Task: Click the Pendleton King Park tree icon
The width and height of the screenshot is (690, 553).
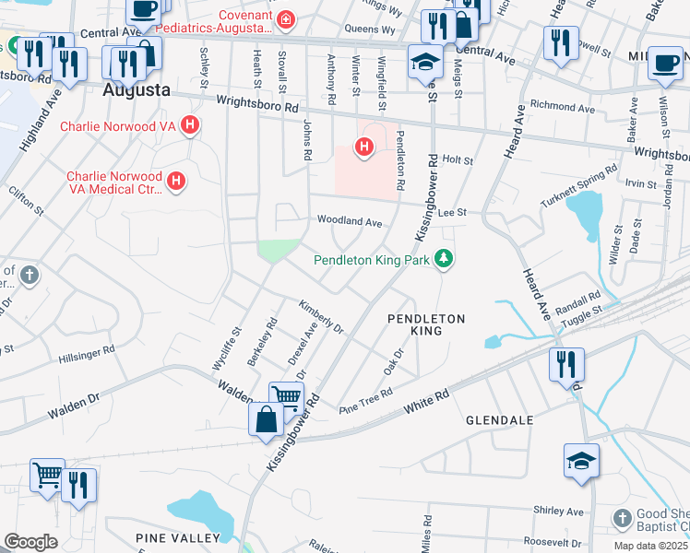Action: click(x=445, y=259)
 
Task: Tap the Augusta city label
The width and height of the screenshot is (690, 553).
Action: click(x=137, y=90)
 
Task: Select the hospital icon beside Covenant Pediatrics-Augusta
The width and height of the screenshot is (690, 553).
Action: click(x=287, y=18)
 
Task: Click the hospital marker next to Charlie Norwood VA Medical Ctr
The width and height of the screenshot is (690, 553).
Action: click(x=175, y=182)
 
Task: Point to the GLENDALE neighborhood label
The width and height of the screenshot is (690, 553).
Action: click(x=499, y=419)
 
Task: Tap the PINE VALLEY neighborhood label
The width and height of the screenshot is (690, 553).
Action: click(x=178, y=537)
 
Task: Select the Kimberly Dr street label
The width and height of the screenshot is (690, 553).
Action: click(x=320, y=316)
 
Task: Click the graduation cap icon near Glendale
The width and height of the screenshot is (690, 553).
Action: click(x=581, y=460)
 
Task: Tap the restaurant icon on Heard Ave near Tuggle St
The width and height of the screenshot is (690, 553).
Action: click(x=566, y=363)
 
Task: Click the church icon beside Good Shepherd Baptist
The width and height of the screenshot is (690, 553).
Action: click(x=623, y=518)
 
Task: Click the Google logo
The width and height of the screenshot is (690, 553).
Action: click(x=30, y=541)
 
